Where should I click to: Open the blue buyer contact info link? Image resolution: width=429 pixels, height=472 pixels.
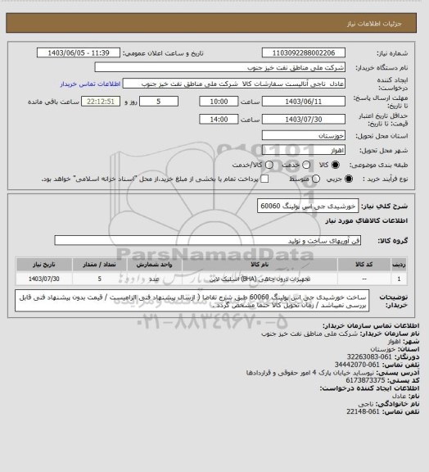[81, 84]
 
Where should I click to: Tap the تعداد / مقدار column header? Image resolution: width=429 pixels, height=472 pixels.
[98, 265]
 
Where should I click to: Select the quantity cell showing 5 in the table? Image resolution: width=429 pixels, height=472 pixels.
[98, 279]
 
